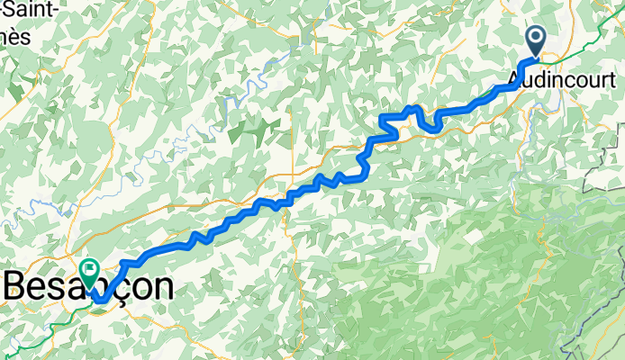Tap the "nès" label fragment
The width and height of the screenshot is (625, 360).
pos(14,38)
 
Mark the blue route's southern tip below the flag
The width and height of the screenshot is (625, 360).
pos(102,300)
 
